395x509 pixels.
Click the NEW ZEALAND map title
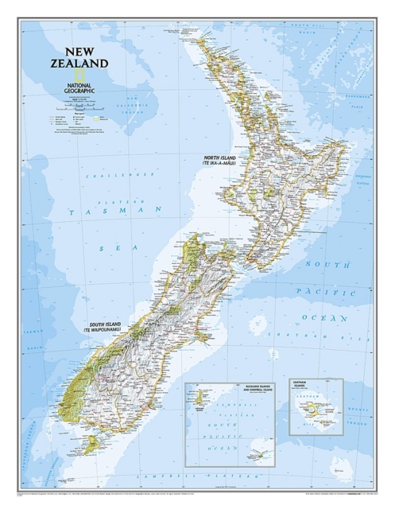click(80, 56)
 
